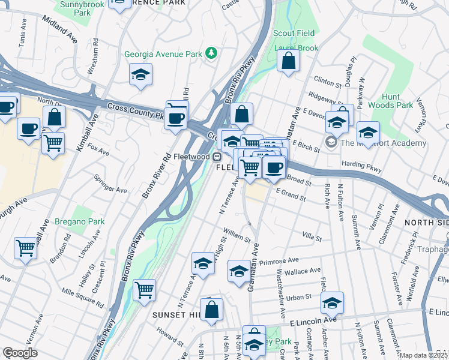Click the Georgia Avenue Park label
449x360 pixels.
point(163,54)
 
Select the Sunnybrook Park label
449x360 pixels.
point(82,8)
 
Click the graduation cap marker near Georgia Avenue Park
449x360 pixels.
point(141,75)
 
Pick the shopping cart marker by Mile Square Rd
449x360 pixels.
point(145,290)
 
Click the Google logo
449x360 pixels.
point(20,353)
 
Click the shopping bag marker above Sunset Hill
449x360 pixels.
point(211,310)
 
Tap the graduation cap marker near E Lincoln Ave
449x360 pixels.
point(332,304)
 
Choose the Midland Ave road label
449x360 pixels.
point(60,28)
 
